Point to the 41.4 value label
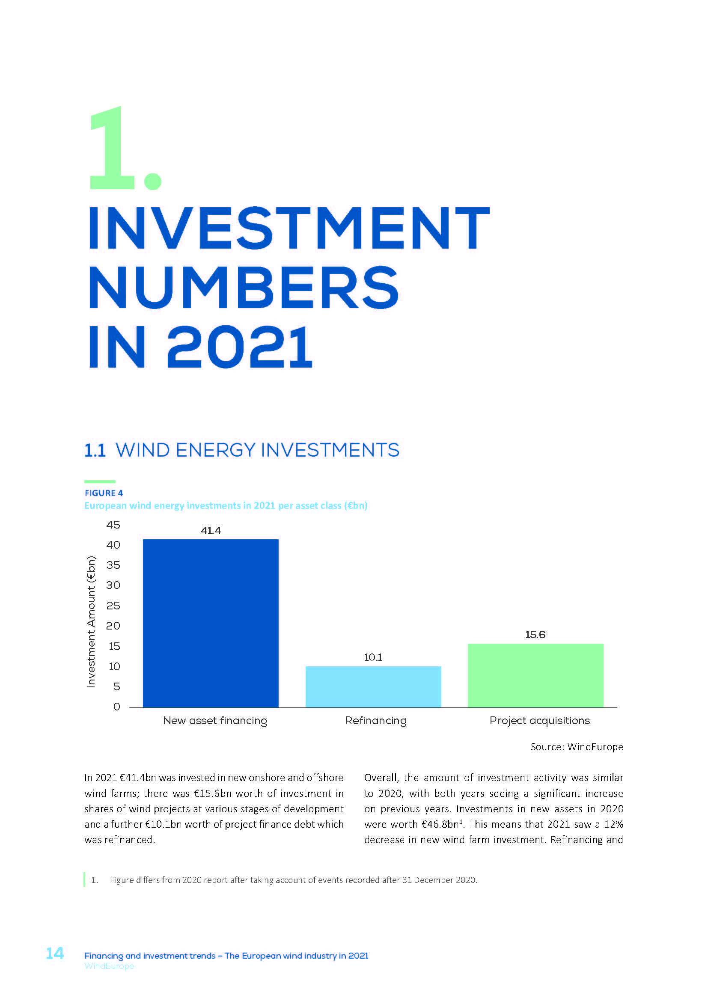(x=211, y=531)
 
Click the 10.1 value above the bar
(x=373, y=657)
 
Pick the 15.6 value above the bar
(x=535, y=634)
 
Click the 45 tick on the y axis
(x=113, y=525)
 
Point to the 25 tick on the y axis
(x=113, y=606)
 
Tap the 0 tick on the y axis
(x=116, y=707)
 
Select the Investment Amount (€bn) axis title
(x=91, y=622)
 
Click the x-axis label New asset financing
(x=215, y=721)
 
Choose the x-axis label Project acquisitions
(x=539, y=721)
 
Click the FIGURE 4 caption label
(x=104, y=493)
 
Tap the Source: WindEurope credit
(x=576, y=747)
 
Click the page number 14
(x=55, y=953)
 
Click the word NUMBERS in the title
(x=243, y=288)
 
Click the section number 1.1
(x=95, y=450)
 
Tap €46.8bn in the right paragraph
(x=441, y=824)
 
